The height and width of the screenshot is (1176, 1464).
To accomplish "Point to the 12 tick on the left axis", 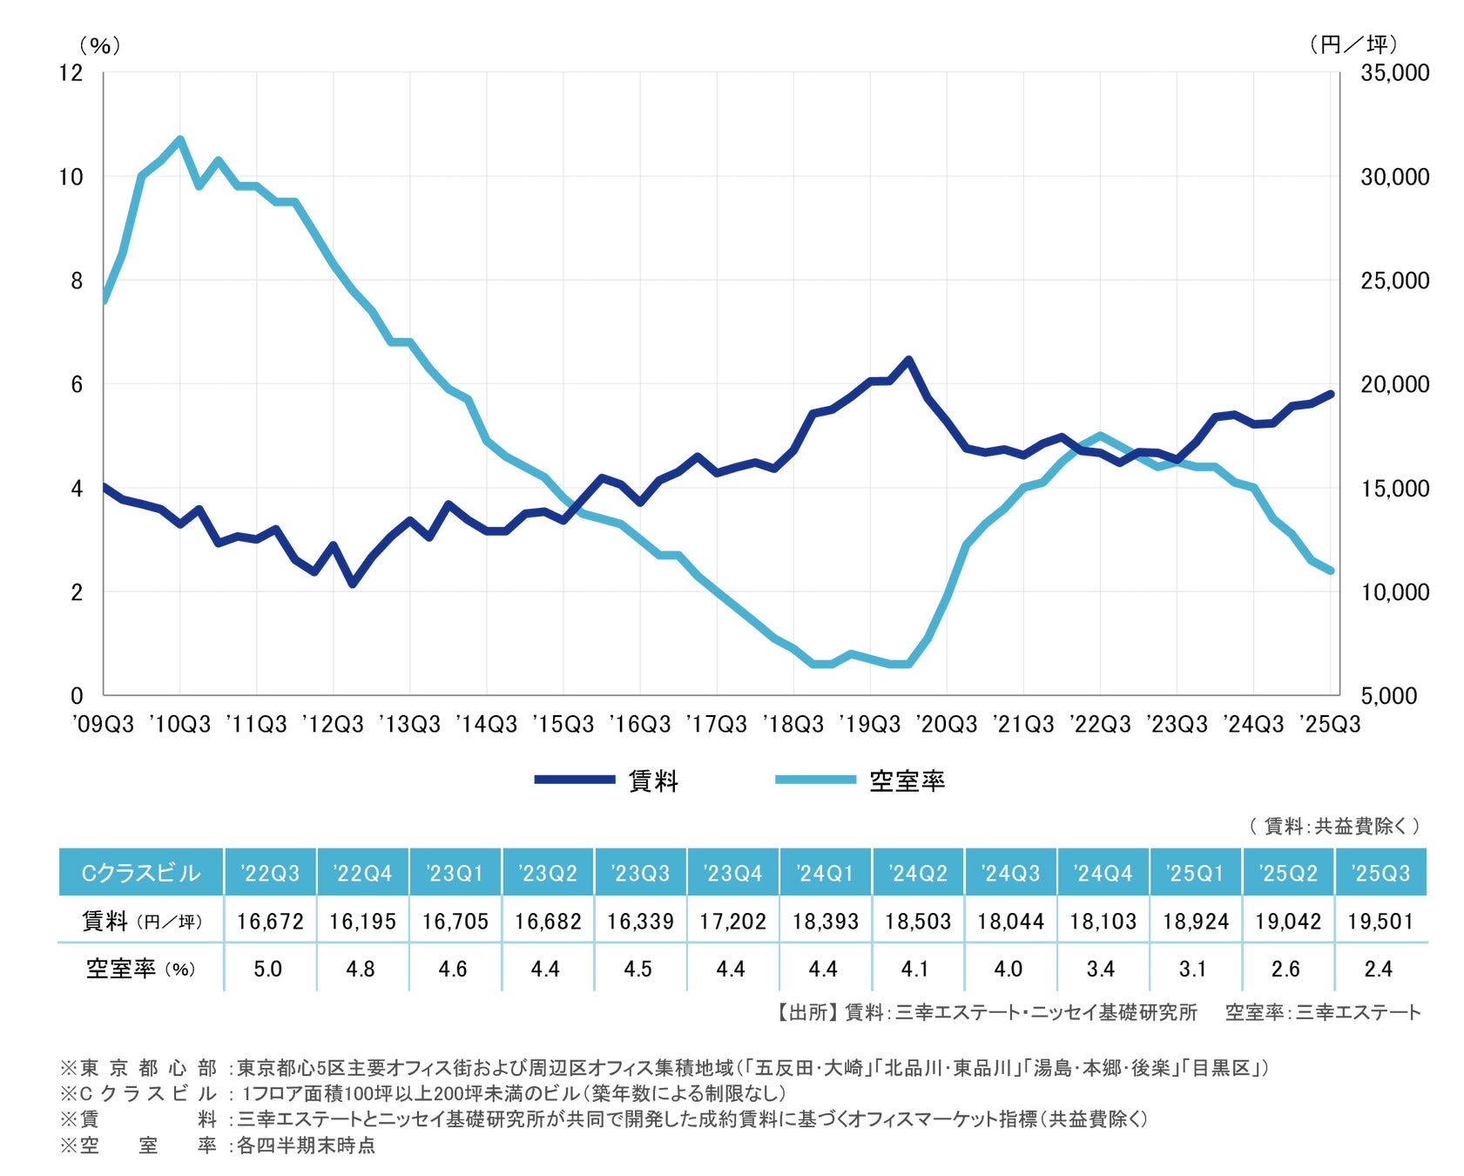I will pyautogui.click(x=71, y=72).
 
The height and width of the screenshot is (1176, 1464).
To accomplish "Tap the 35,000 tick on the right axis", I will pyautogui.click(x=1394, y=72).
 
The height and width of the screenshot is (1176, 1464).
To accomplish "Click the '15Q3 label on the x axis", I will pyautogui.click(x=563, y=724).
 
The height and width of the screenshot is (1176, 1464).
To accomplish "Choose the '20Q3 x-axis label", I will pyautogui.click(x=947, y=724).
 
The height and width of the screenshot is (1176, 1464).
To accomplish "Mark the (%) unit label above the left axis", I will pyautogui.click(x=99, y=45).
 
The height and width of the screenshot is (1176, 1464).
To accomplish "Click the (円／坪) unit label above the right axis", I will pyautogui.click(x=1353, y=44).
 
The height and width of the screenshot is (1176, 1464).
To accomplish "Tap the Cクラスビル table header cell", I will pyautogui.click(x=140, y=873).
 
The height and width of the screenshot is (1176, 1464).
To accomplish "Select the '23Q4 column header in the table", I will pyautogui.click(x=732, y=873).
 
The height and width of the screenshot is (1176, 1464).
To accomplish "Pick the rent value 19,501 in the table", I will pyautogui.click(x=1380, y=921).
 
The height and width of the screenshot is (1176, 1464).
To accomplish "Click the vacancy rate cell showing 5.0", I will pyautogui.click(x=268, y=969).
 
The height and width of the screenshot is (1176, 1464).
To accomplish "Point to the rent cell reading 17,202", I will pyautogui.click(x=732, y=921).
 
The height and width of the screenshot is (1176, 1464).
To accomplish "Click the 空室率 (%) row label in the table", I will pyautogui.click(x=140, y=969).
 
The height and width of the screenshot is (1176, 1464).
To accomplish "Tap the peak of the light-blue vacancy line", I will pyautogui.click(x=180, y=139).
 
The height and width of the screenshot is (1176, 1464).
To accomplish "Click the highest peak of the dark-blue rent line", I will pyautogui.click(x=908, y=359).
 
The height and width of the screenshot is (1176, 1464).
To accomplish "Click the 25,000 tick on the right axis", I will pyautogui.click(x=1394, y=280).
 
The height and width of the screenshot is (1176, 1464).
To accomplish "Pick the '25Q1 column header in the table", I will pyautogui.click(x=1196, y=873).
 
